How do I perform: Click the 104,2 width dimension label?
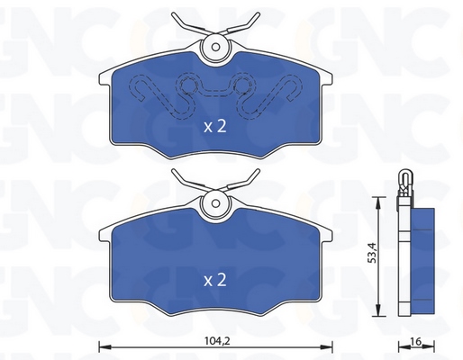214,341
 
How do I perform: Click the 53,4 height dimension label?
372,255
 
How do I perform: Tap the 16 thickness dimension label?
416,341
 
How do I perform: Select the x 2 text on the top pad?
215,127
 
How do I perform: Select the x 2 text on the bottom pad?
215,280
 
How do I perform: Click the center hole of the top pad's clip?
215,47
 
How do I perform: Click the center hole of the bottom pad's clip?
215,203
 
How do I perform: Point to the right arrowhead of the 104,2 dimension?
327,347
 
